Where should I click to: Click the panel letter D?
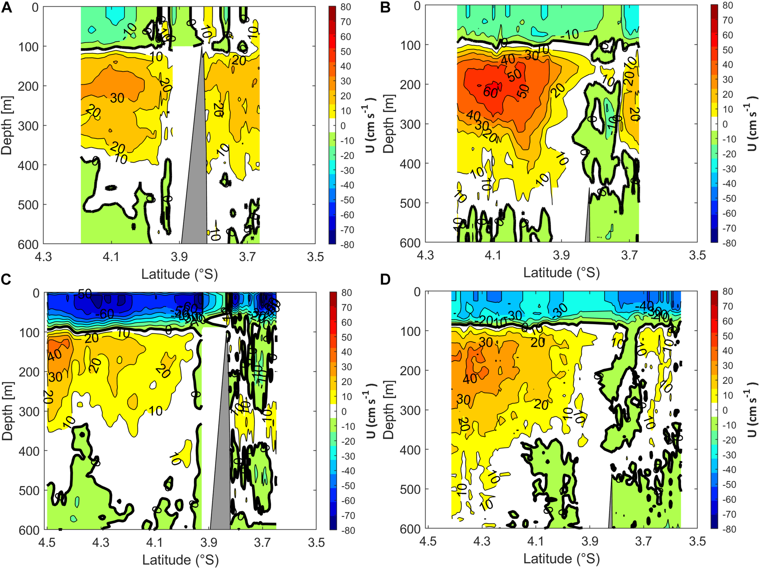pyautogui.click(x=385, y=279)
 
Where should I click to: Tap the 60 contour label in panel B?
pyautogui.click(x=490, y=92)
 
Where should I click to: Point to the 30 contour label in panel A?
pyautogui.click(x=117, y=98)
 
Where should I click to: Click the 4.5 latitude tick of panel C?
pyautogui.click(x=47, y=542)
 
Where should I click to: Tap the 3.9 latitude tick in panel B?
pyautogui.click(x=561, y=255)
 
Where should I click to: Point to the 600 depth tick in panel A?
pyautogui.click(x=28, y=245)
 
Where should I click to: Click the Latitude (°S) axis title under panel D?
pyautogui.click(x=561, y=558)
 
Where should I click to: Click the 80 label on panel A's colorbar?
pyautogui.click(x=346, y=7)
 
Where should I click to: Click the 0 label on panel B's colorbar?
pyautogui.click(x=725, y=124)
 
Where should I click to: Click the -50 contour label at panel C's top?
pyautogui.click(x=84, y=294)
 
